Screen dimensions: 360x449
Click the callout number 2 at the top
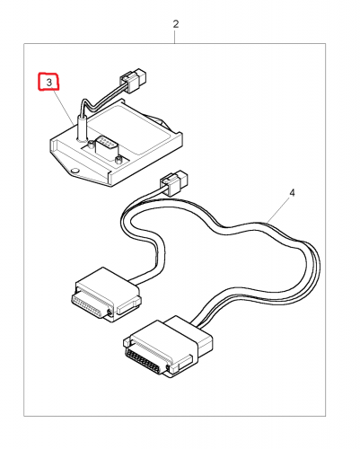coord(176,24)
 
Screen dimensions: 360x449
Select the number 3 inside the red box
coord(49,83)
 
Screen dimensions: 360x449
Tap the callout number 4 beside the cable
coord(292,193)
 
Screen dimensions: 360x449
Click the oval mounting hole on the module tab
coord(75,171)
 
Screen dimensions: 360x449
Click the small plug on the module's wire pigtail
coord(134,80)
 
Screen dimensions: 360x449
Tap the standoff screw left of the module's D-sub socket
coord(91,145)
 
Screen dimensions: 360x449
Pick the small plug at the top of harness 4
coord(174,182)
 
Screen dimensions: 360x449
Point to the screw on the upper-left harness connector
coord(110,313)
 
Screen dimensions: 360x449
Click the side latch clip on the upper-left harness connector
coord(128,305)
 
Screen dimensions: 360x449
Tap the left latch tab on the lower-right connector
coord(127,341)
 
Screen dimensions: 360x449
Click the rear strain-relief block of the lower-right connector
coord(189,332)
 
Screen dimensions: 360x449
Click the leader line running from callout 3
coord(64,107)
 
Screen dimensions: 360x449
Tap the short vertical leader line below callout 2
coord(176,37)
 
